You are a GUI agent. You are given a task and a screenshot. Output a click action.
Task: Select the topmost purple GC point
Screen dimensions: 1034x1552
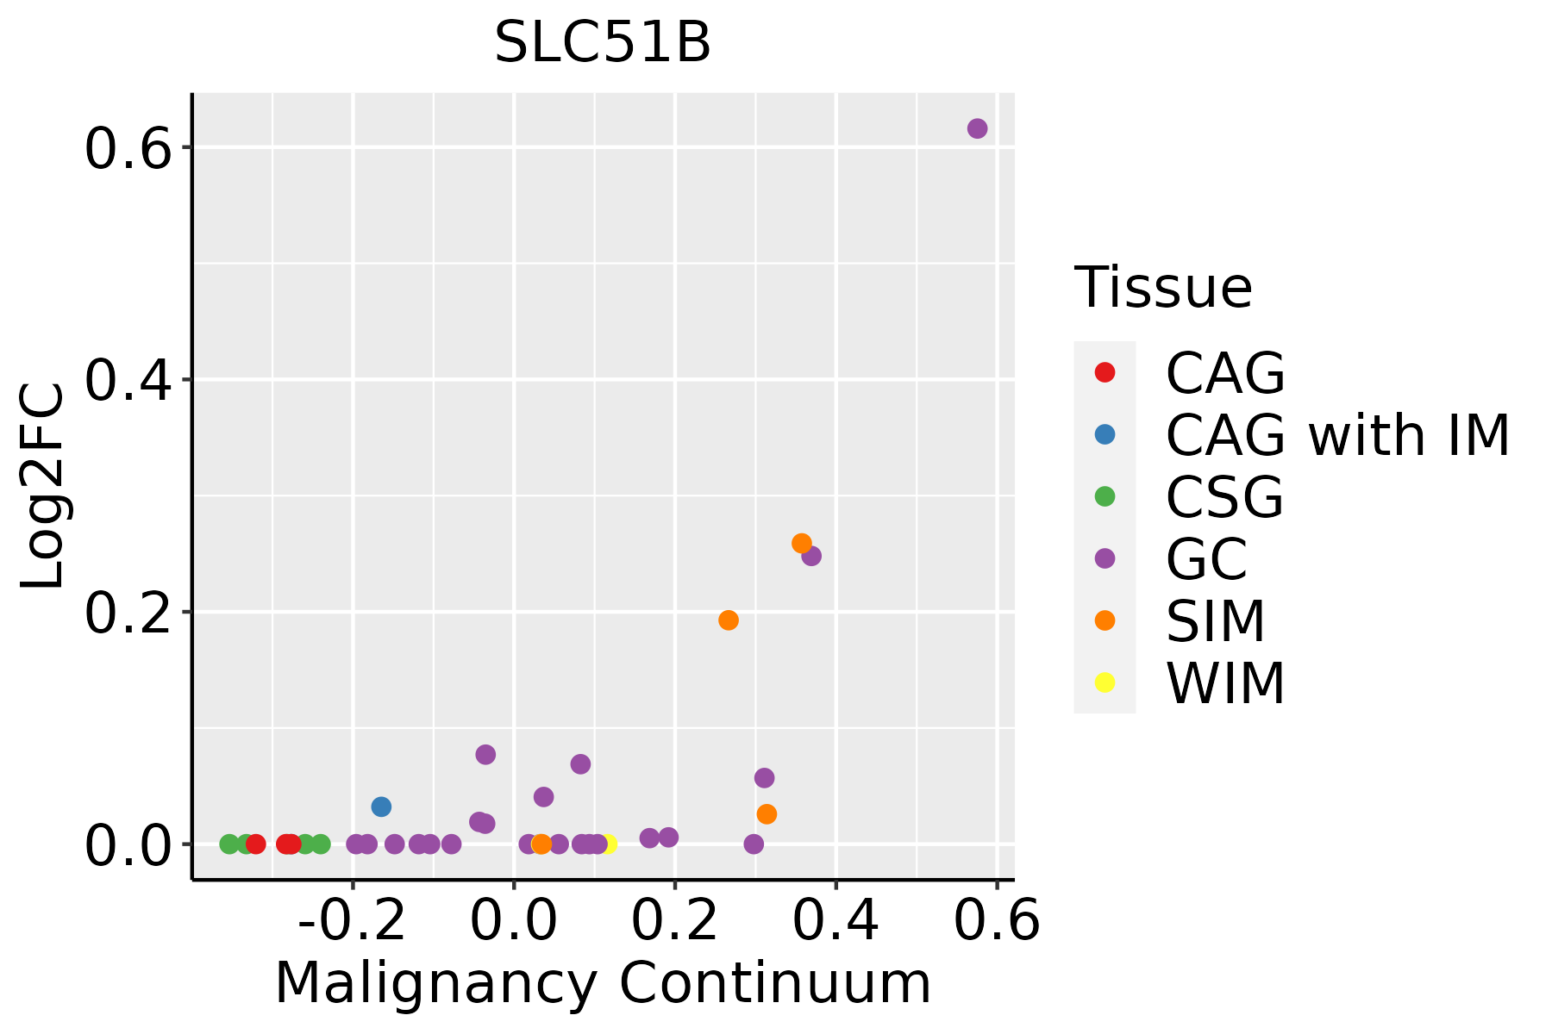pyautogui.click(x=977, y=128)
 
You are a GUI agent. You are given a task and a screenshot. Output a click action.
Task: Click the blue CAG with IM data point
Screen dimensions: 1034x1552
pyautogui.click(x=381, y=807)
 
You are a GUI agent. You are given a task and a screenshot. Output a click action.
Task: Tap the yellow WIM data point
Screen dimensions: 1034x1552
pyautogui.click(x=608, y=844)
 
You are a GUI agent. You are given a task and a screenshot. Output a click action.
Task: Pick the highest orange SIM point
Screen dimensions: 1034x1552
pyautogui.click(x=802, y=544)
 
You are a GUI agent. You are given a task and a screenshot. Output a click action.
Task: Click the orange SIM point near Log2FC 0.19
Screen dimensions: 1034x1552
pyautogui.click(x=729, y=620)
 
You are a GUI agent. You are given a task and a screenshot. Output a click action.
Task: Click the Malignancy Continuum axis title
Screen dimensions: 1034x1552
pyautogui.click(x=603, y=983)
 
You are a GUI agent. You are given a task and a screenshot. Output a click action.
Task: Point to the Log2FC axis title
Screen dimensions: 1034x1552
pyautogui.click(x=43, y=486)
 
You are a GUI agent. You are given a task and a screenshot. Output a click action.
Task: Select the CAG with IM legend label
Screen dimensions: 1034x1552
pyautogui.click(x=1337, y=435)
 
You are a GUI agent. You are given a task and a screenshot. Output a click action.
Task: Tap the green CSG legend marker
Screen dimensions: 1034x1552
pyautogui.click(x=1105, y=496)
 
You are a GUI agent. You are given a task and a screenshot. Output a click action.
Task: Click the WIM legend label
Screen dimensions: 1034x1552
pyautogui.click(x=1225, y=683)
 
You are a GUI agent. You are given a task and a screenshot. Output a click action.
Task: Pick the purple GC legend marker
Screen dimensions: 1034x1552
pyautogui.click(x=1105, y=558)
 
